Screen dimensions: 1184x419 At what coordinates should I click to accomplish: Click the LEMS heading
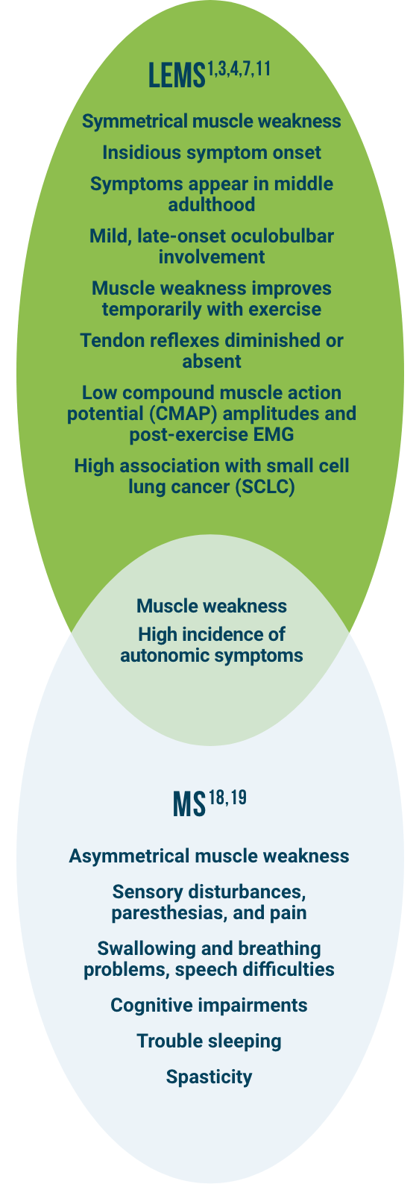click(x=176, y=76)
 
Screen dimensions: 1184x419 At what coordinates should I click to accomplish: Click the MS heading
click(x=189, y=805)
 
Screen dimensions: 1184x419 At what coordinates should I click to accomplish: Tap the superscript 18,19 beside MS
click(x=227, y=798)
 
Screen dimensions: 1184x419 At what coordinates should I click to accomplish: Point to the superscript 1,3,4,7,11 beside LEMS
click(x=239, y=69)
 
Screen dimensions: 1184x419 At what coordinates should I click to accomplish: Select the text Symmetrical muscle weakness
click(x=212, y=121)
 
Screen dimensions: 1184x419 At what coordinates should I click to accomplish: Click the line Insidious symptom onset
click(x=212, y=152)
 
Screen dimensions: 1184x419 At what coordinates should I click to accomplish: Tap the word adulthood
click(x=212, y=204)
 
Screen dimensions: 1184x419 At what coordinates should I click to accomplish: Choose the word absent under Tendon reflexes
click(x=212, y=361)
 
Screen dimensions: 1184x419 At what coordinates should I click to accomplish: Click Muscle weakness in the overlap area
click(x=212, y=606)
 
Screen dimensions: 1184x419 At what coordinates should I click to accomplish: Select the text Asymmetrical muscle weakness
click(x=209, y=856)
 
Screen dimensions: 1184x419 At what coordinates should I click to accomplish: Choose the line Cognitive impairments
click(x=209, y=1005)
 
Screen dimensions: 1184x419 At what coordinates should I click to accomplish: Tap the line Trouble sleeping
click(x=209, y=1041)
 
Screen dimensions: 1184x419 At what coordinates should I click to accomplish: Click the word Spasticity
click(x=209, y=1077)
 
